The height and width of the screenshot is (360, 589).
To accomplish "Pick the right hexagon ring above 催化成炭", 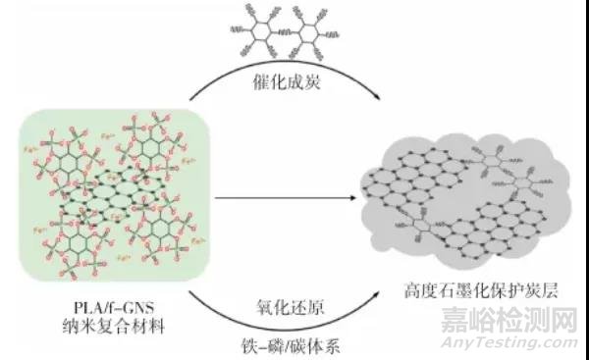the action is [316, 36].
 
